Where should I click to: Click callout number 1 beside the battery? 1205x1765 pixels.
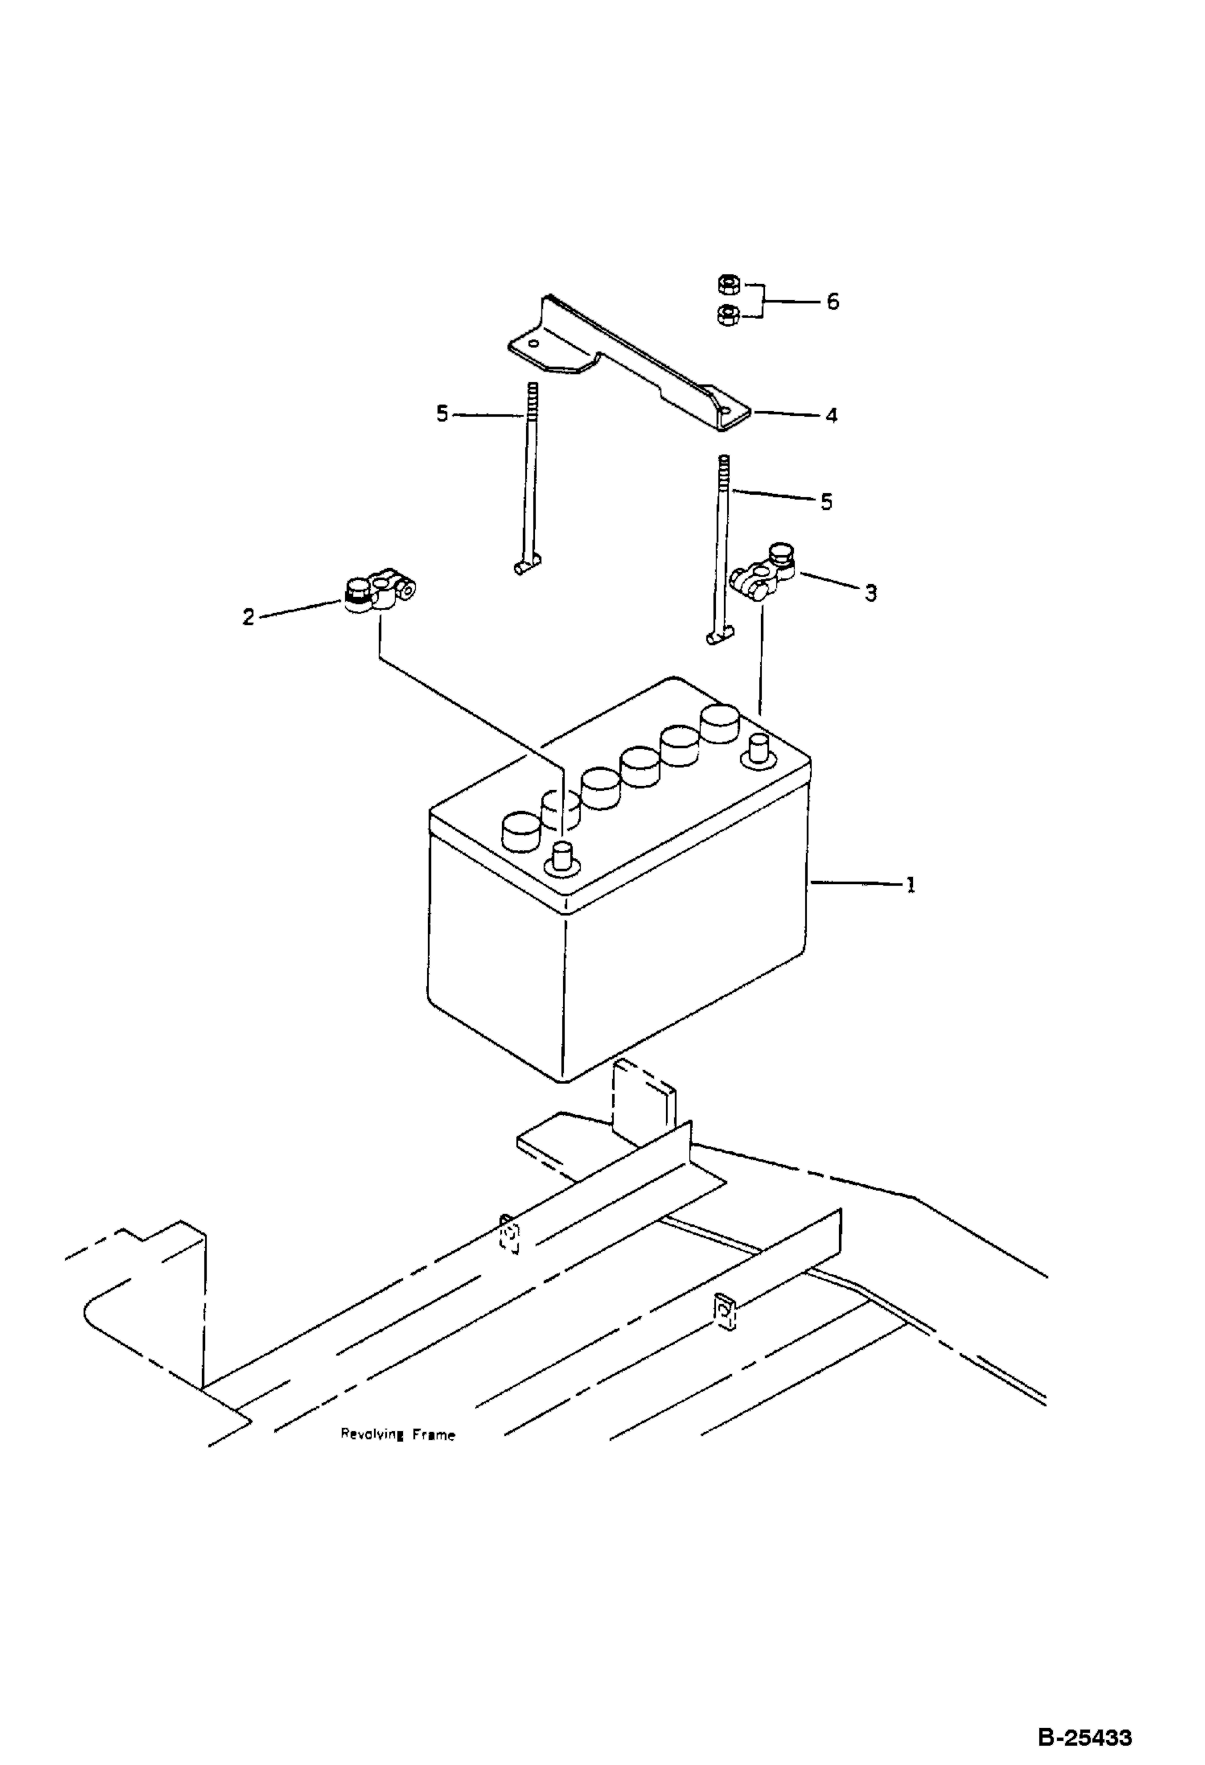(x=911, y=885)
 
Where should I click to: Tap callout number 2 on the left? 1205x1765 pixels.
(x=249, y=617)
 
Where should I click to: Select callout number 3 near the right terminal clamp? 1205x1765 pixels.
(x=870, y=594)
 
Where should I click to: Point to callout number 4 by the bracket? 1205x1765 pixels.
(x=832, y=415)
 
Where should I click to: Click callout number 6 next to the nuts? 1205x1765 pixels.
(x=833, y=302)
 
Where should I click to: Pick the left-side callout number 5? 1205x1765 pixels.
(x=442, y=414)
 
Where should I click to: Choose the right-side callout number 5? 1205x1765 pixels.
(x=826, y=502)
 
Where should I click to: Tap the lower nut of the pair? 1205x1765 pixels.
(x=726, y=315)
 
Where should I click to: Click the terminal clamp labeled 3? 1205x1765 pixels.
(x=763, y=570)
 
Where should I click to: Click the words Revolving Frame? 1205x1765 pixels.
(x=397, y=1434)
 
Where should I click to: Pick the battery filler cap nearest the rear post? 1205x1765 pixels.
(x=720, y=724)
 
